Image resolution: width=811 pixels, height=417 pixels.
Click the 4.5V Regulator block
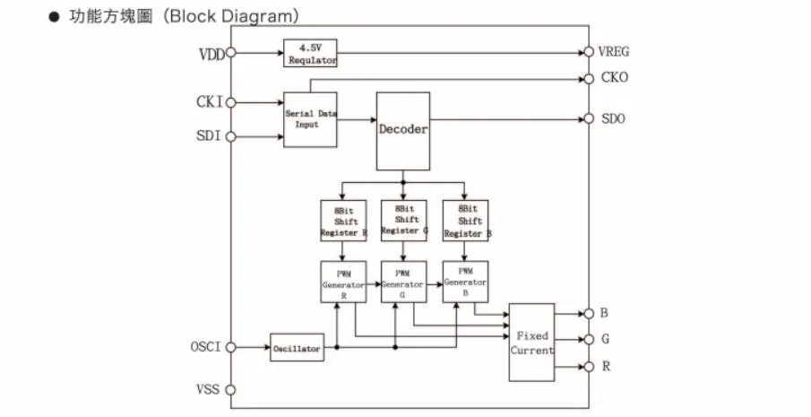312,53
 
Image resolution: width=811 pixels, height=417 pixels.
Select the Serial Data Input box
311,119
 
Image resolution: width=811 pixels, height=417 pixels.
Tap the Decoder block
402,130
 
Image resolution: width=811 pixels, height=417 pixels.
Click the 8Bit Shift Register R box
342,220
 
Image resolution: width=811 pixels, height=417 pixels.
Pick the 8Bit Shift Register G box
402,220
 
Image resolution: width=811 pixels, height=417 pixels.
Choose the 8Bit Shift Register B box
464,220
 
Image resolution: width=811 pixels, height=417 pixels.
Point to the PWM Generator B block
464,282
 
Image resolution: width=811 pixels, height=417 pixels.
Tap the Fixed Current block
531,343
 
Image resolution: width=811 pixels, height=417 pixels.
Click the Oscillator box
297,348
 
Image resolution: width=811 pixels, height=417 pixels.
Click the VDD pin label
211,53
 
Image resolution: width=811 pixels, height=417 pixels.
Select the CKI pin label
211,102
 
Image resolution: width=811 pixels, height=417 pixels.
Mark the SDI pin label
211,136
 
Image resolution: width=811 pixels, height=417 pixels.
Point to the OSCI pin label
207,347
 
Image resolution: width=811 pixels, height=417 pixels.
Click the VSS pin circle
231,390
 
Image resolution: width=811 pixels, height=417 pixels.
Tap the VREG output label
614,52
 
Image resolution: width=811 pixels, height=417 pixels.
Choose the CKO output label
614,77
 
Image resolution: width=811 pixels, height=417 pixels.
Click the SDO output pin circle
589,118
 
